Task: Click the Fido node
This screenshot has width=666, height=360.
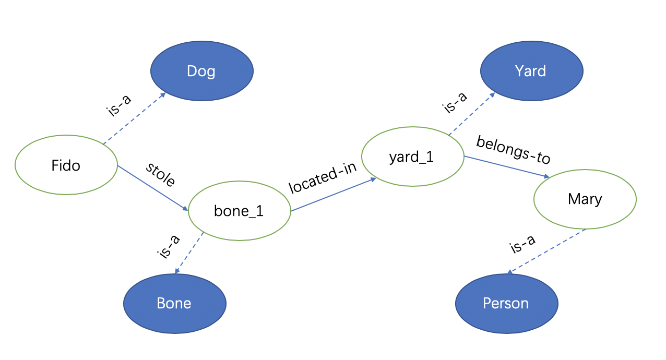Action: click(x=66, y=165)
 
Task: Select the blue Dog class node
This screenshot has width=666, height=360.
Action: click(x=201, y=71)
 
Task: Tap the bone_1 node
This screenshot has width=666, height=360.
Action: click(x=239, y=211)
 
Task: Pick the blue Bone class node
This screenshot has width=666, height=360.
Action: click(x=174, y=303)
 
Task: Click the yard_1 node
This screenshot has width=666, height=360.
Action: click(x=412, y=157)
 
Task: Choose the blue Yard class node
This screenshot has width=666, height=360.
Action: click(x=531, y=70)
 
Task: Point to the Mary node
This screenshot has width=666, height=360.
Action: click(x=585, y=199)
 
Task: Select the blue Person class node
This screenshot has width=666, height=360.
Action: click(x=506, y=303)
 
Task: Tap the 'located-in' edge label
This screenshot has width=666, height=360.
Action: click(x=323, y=177)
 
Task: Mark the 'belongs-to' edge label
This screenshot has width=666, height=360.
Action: click(x=513, y=149)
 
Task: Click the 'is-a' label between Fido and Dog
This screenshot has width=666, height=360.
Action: click(x=118, y=106)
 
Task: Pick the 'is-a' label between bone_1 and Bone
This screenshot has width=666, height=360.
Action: click(x=168, y=246)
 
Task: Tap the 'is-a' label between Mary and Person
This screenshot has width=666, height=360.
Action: click(x=522, y=244)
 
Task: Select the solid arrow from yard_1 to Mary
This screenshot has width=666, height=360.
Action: click(x=506, y=167)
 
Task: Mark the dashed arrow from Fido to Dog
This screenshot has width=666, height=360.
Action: click(x=135, y=118)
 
